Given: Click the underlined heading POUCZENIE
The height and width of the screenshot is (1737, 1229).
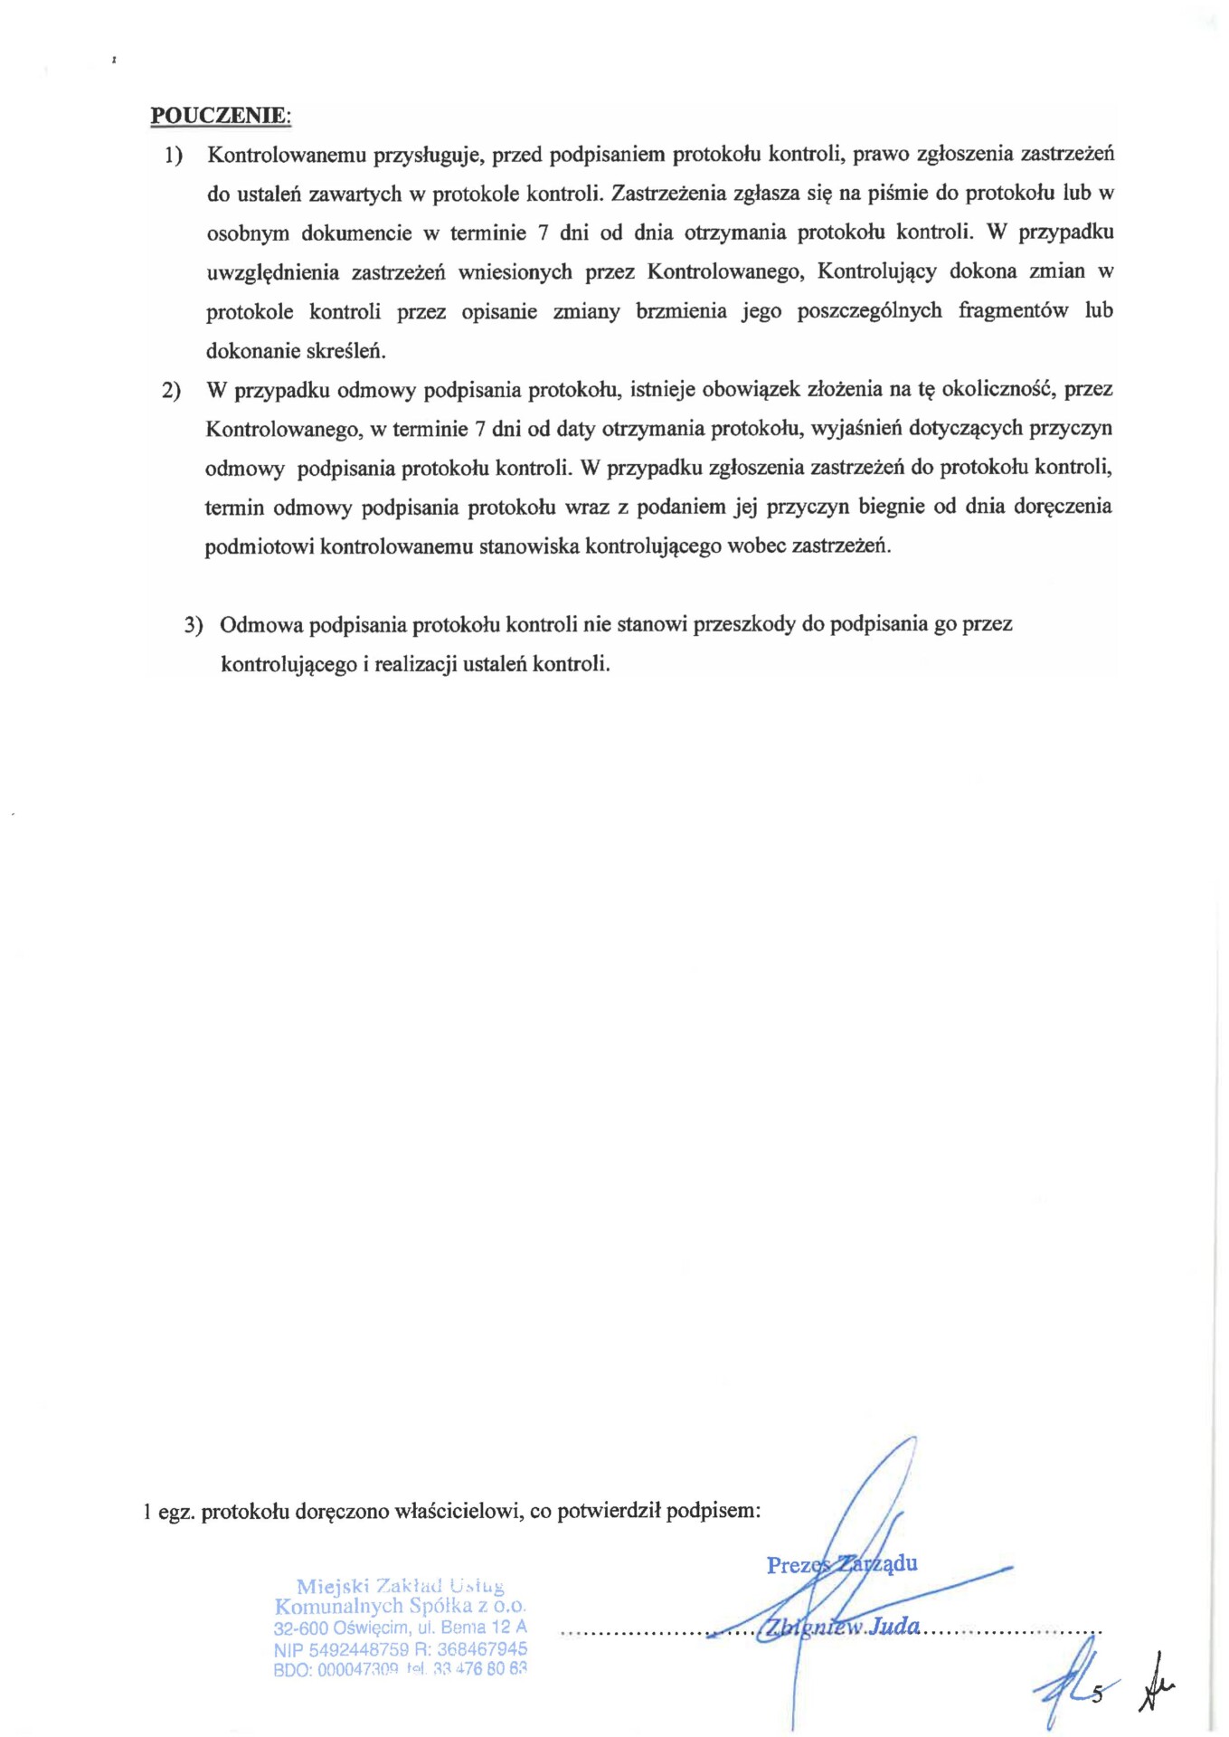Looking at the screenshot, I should (220, 116).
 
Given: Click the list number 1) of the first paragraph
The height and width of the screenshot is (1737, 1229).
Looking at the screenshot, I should (174, 156).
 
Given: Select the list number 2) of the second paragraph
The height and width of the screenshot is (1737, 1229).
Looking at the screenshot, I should (171, 391).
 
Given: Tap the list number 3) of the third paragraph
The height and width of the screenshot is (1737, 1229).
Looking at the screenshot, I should (194, 625).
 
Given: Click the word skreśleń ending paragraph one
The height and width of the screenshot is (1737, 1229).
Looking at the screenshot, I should (348, 350).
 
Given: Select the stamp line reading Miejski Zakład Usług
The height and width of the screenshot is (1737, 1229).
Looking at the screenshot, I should (400, 1586).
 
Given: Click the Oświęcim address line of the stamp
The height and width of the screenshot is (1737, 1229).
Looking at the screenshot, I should (400, 1628).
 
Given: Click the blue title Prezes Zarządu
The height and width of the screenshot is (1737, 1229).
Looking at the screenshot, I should (841, 1564).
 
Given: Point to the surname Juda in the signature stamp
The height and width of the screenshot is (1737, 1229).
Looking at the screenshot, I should (894, 1626).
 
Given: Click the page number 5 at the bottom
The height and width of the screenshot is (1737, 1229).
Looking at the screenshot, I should (1097, 1694).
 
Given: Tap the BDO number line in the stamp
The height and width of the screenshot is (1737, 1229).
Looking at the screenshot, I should (400, 1670).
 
